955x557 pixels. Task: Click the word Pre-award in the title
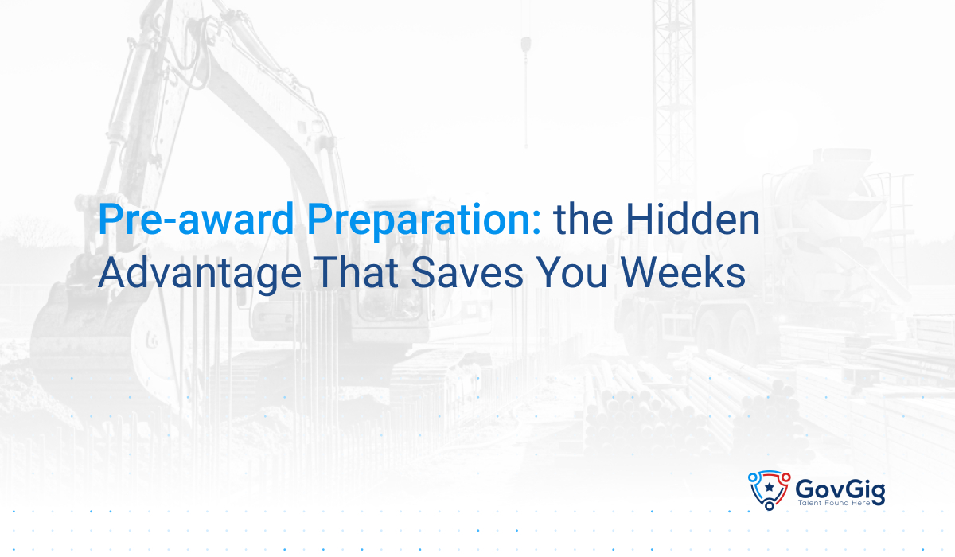coord(196,220)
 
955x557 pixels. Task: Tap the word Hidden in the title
coord(693,220)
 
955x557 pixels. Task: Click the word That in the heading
coord(356,273)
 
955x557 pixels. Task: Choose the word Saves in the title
coord(467,273)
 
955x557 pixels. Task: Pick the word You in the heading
coord(571,273)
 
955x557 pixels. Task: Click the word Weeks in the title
coord(683,273)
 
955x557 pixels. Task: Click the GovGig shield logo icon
coord(769,490)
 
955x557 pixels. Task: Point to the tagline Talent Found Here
coord(834,503)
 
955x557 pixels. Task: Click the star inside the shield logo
coord(769,487)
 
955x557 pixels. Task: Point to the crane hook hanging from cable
coord(526,45)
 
